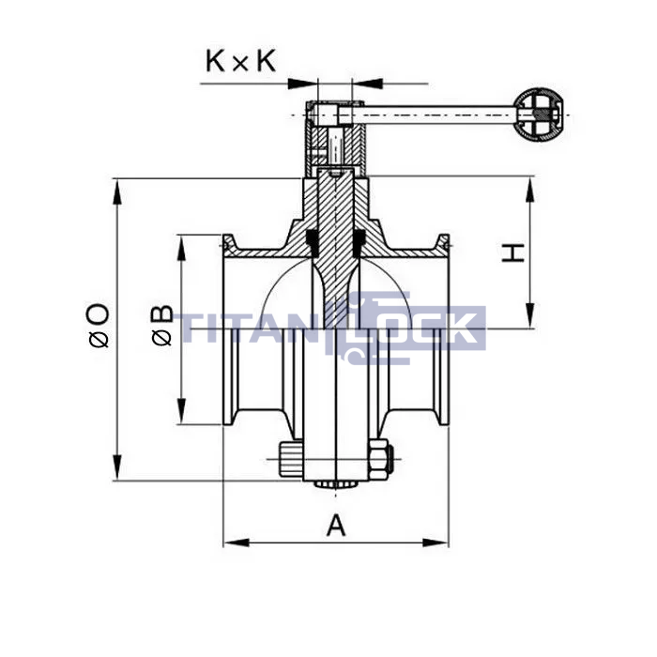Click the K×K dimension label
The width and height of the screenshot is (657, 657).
(241, 61)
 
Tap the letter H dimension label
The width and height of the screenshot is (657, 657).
(512, 252)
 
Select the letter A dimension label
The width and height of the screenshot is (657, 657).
(336, 526)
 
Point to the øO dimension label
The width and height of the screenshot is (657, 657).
(99, 326)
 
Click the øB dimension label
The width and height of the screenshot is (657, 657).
(162, 326)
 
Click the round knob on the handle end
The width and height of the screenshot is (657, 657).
(539, 115)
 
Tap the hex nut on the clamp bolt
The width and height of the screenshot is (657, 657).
(380, 460)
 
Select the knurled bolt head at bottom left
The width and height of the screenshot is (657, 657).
(290, 460)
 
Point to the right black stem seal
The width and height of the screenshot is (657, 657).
(359, 243)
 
